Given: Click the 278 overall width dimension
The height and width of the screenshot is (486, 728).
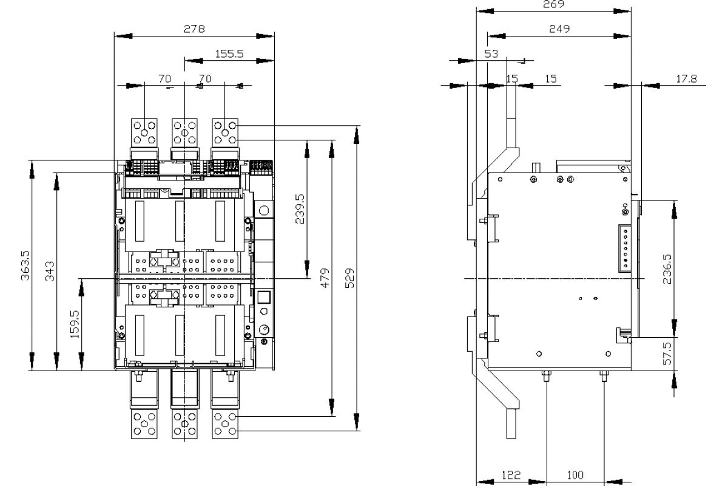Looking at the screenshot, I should (x=194, y=29).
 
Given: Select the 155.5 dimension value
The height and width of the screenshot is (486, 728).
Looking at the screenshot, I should (x=229, y=53).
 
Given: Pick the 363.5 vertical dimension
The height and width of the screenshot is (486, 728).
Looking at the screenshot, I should (x=24, y=265).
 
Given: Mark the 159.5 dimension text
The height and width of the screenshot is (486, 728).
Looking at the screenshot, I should (x=75, y=324).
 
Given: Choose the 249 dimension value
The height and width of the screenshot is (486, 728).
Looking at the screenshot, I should (x=559, y=29).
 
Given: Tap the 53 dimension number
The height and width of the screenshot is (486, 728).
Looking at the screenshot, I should (x=491, y=53).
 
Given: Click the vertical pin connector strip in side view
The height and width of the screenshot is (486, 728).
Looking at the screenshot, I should (x=625, y=248).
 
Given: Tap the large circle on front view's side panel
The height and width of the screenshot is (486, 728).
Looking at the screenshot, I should (x=264, y=211).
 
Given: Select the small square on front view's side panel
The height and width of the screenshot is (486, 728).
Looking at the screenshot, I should (x=264, y=297).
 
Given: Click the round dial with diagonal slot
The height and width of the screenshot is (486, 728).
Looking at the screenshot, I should (x=264, y=329).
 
